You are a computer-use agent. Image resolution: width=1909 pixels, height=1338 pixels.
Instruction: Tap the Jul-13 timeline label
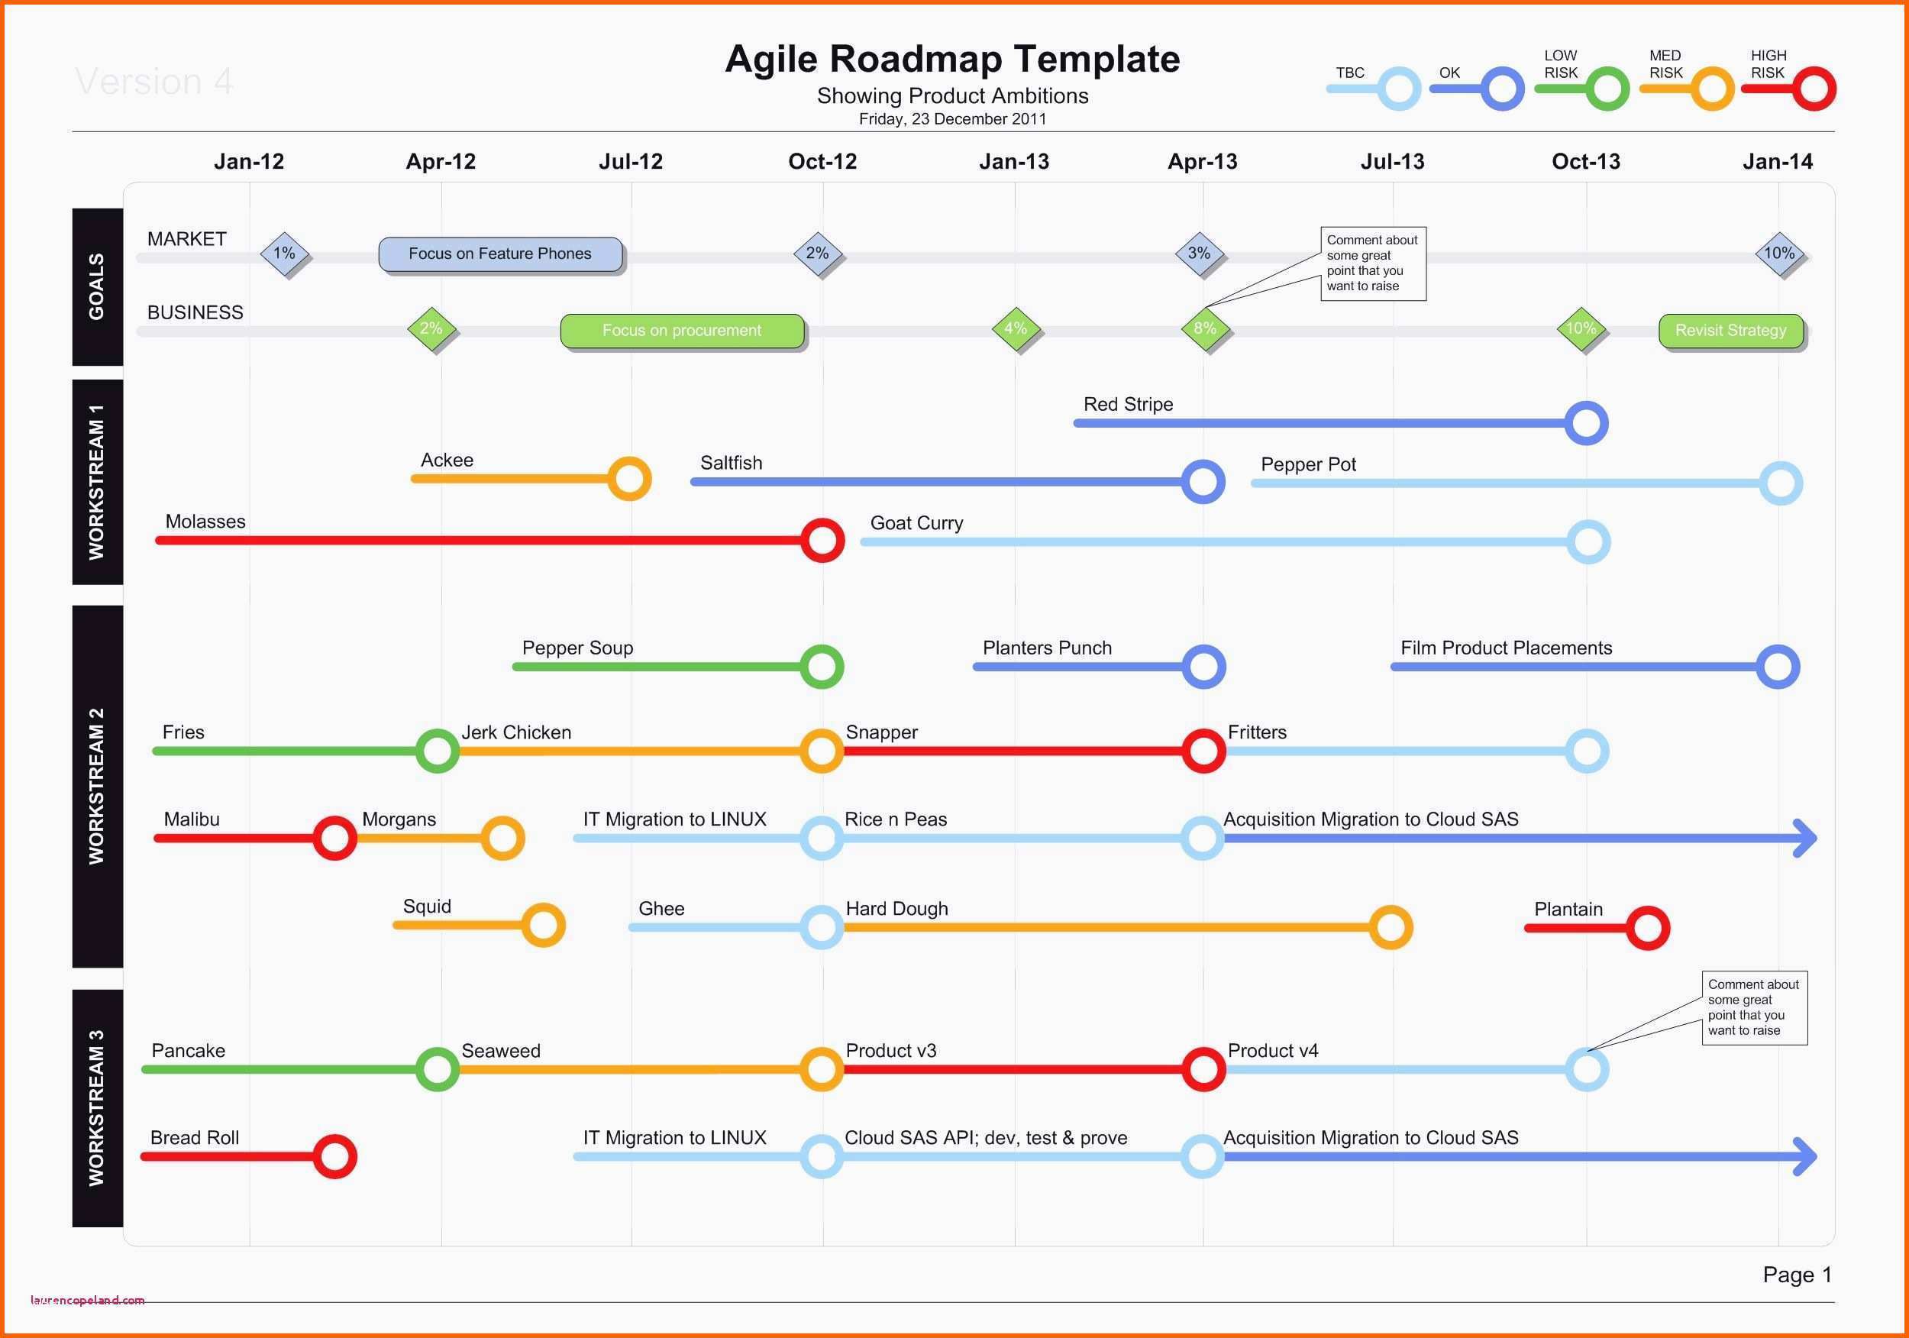[1393, 161]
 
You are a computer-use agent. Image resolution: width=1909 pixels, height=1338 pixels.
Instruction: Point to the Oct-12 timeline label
[822, 161]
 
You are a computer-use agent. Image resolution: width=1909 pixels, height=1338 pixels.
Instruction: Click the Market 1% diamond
[284, 254]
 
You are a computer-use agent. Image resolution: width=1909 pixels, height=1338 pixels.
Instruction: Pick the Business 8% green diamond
[1205, 328]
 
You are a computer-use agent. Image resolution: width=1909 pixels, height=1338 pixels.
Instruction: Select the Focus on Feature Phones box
[500, 254]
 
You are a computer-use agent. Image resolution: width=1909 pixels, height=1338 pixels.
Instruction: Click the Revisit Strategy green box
[1731, 330]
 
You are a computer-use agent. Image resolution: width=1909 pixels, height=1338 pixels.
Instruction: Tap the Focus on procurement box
[683, 331]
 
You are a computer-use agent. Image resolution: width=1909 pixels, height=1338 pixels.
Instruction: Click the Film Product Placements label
[1506, 648]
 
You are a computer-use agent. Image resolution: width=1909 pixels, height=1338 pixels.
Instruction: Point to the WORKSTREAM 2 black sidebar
[97, 787]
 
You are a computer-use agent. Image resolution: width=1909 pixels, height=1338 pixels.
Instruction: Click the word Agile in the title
[770, 60]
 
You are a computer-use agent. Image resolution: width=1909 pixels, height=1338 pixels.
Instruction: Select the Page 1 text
[1798, 1275]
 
